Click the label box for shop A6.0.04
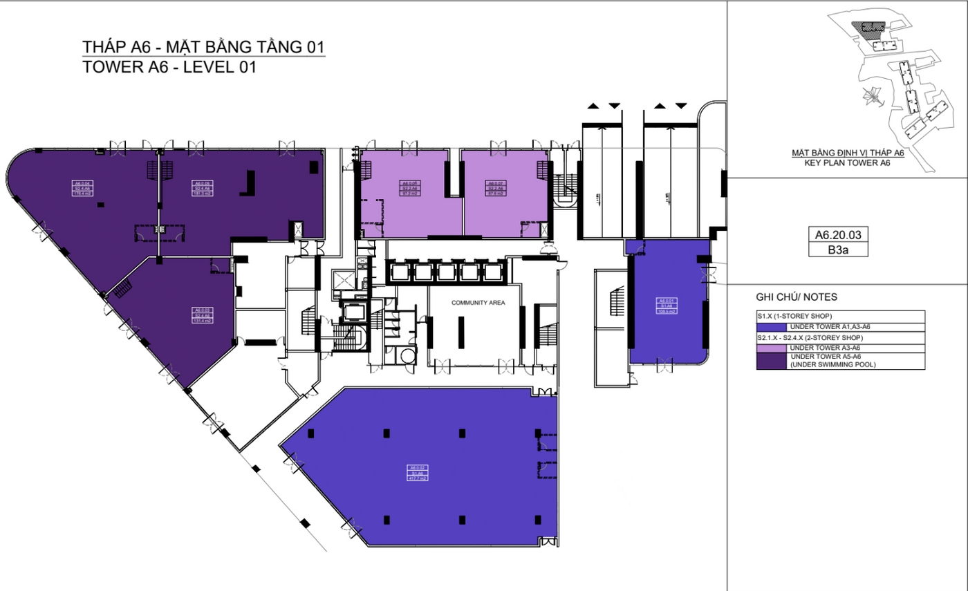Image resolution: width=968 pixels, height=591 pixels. (x=83, y=188)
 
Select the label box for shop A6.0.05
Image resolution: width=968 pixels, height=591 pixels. (x=202, y=188)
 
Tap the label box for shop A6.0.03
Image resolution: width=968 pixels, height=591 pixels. (x=202, y=315)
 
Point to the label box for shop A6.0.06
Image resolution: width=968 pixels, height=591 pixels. (x=411, y=188)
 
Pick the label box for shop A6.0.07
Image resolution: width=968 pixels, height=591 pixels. (x=496, y=188)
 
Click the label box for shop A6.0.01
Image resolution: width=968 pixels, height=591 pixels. (x=667, y=306)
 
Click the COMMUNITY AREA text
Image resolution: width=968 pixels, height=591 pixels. (x=478, y=303)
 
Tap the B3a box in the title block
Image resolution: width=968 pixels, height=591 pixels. (x=837, y=251)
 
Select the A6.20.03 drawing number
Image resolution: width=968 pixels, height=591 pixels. (x=837, y=236)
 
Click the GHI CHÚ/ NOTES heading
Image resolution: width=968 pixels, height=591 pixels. (x=797, y=297)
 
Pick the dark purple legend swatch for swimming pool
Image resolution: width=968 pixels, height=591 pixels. (x=772, y=361)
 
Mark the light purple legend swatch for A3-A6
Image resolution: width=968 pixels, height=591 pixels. (x=772, y=348)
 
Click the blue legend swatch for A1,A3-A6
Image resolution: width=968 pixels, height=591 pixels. (x=772, y=327)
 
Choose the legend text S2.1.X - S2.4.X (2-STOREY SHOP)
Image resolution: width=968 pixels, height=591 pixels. (x=806, y=337)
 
